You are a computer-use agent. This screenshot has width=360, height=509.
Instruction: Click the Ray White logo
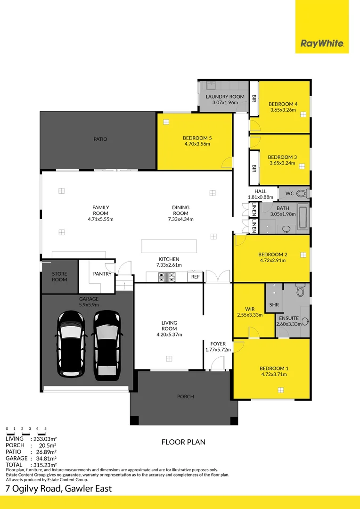pyautogui.click(x=322, y=44)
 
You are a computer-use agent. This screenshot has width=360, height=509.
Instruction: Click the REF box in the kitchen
pyautogui.click(x=195, y=277)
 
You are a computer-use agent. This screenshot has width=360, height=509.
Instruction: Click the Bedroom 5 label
pyautogui.click(x=197, y=138)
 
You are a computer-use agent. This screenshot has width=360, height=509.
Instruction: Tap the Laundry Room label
pyautogui.click(x=225, y=97)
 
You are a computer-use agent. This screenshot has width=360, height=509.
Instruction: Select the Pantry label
pyautogui.click(x=102, y=273)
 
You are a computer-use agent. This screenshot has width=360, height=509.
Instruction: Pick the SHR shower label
pyautogui.click(x=274, y=304)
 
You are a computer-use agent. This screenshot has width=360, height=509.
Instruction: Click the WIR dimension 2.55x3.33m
pyautogui.click(x=250, y=315)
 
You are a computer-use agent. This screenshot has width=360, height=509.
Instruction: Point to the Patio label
pyautogui.click(x=100, y=139)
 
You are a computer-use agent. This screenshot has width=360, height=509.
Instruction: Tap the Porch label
pyautogui.click(x=185, y=396)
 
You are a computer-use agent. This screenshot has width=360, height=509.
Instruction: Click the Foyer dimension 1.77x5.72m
pyautogui.click(x=218, y=350)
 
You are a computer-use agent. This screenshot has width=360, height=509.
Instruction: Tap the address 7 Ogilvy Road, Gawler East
pyautogui.click(x=58, y=488)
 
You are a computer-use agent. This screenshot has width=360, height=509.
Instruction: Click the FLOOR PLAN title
pyautogui.click(x=183, y=442)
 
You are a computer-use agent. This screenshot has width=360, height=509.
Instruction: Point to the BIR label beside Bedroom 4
pyautogui.click(x=254, y=99)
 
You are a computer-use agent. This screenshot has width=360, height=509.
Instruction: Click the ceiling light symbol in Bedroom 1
pyautogui.click(x=281, y=390)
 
